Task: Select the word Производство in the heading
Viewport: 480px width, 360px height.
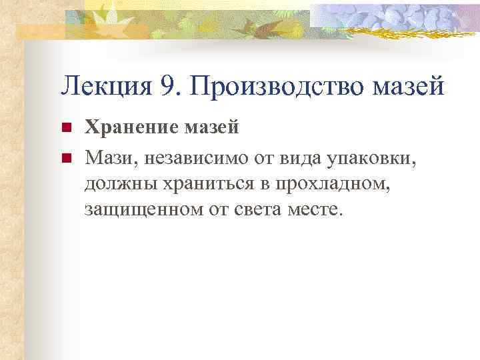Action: pos(284,87)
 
